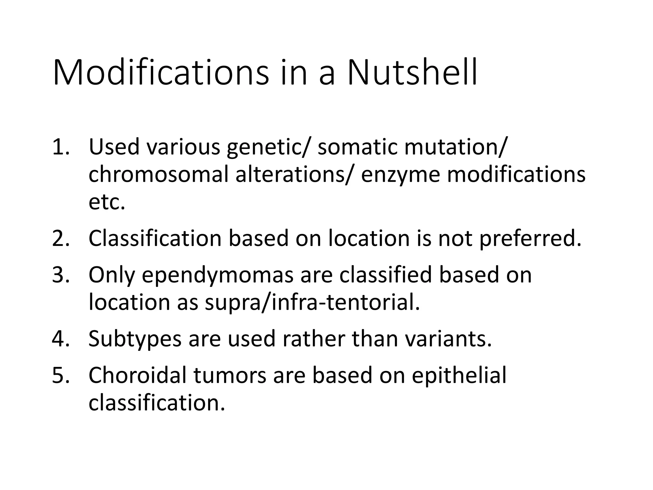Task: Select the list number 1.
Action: (x=60, y=147)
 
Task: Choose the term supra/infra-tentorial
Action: (x=312, y=302)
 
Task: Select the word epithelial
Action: (x=459, y=376)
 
